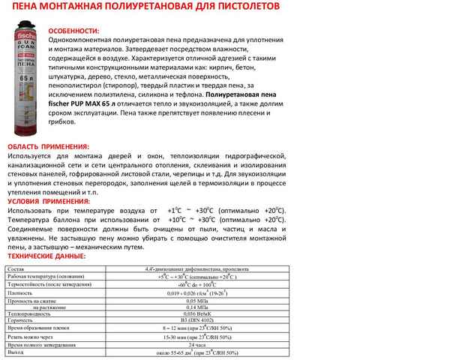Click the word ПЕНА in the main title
(x=20, y=7)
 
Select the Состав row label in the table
(x=16, y=268)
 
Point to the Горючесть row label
(x=21, y=321)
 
